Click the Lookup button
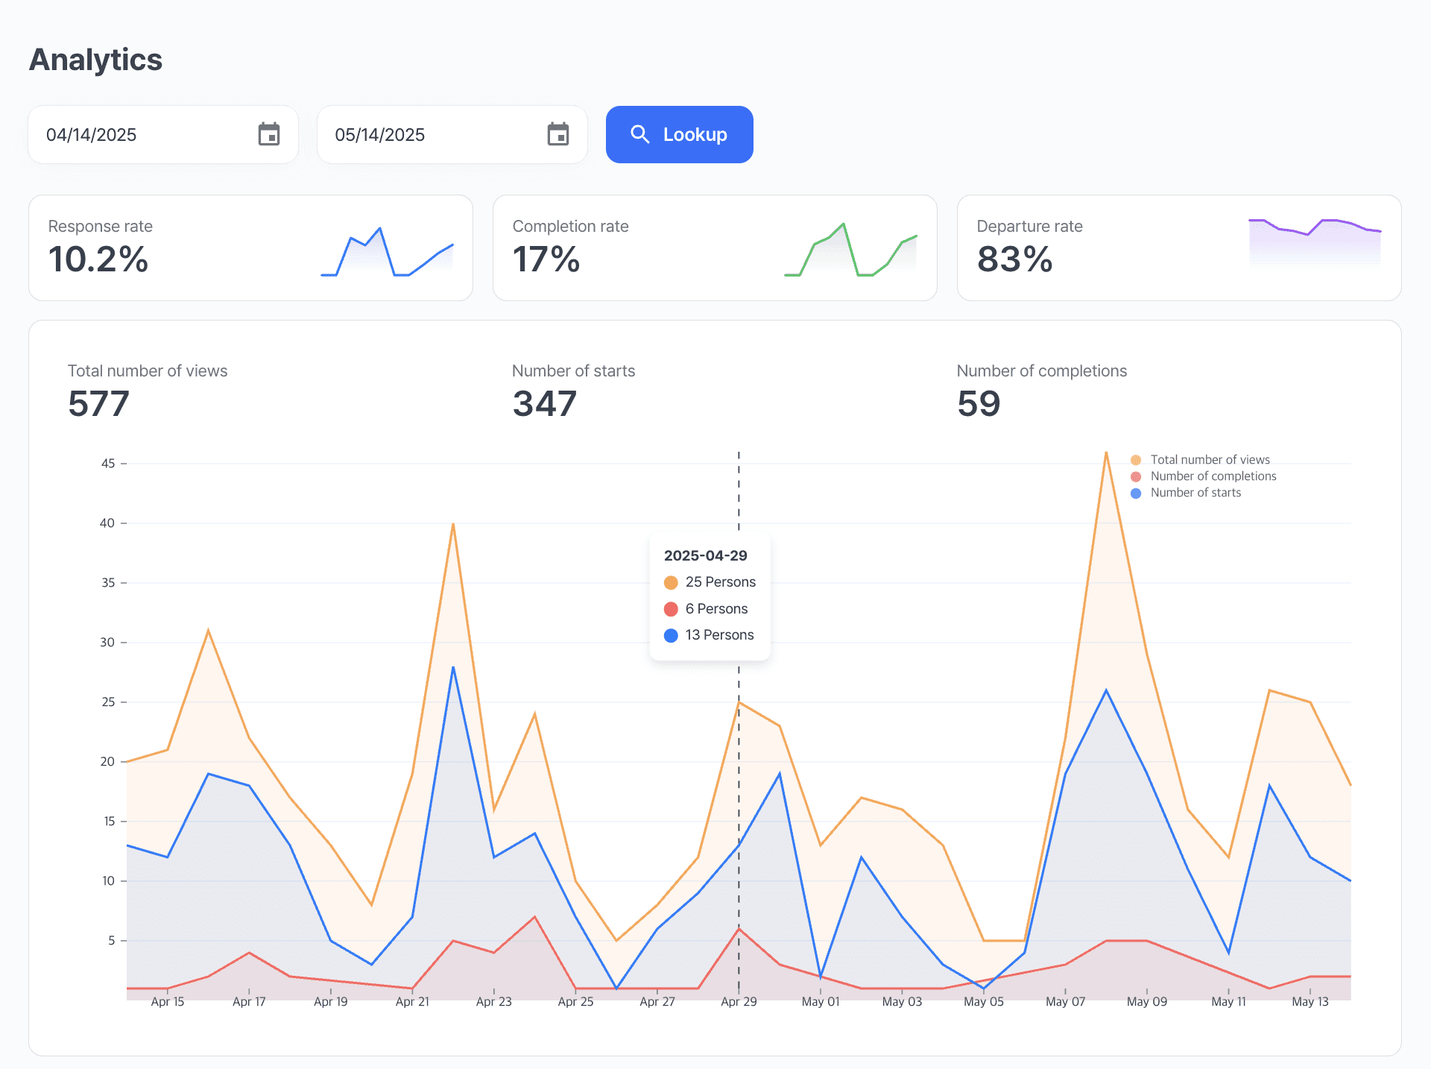[679, 134]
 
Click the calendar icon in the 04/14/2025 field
[269, 134]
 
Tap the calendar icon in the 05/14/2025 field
[558, 134]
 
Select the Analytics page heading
[95, 60]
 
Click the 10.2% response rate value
[98, 259]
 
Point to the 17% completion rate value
[546, 259]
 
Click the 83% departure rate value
[1014, 259]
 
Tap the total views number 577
[98, 403]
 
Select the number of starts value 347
[545, 403]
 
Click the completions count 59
[979, 403]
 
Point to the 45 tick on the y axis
[108, 464]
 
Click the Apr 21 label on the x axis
[412, 1002]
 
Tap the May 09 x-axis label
[1147, 1002]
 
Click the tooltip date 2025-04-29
[705, 555]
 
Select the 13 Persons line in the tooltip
[709, 635]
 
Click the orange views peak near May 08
[1106, 452]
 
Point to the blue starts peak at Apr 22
[453, 667]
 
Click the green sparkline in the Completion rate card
[850, 250]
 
